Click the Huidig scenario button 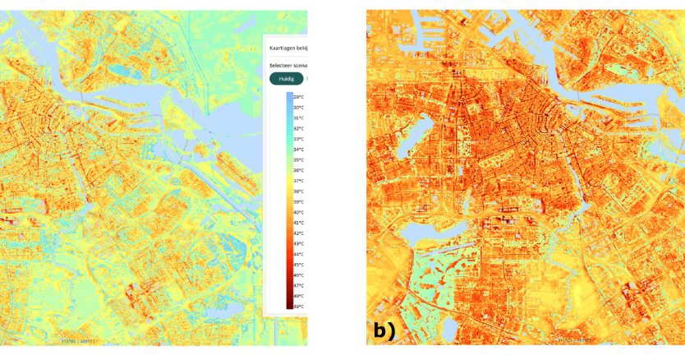287,79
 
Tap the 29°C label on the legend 299,97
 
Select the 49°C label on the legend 299,307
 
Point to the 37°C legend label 299,181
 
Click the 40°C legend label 299,212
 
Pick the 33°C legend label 299,139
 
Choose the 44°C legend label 299,254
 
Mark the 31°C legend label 299,118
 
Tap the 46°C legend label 299,275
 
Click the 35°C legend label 299,159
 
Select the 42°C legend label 299,233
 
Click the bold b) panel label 384,331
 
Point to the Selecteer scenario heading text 287,64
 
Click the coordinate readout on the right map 575,339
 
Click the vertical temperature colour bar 289,201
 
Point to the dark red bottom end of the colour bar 289,304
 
